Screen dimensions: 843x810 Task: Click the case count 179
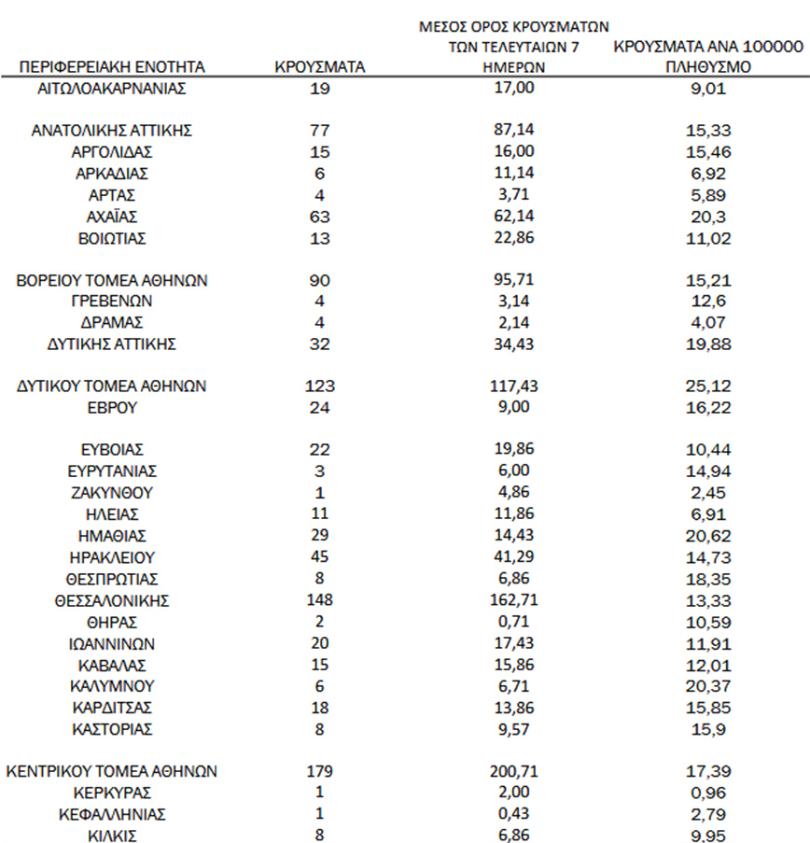pos(320,772)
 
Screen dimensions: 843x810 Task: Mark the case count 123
pos(320,386)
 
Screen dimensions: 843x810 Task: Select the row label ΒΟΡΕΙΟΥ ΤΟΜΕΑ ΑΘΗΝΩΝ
pos(112,280)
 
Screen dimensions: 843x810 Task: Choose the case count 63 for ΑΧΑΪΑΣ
pos(320,217)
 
